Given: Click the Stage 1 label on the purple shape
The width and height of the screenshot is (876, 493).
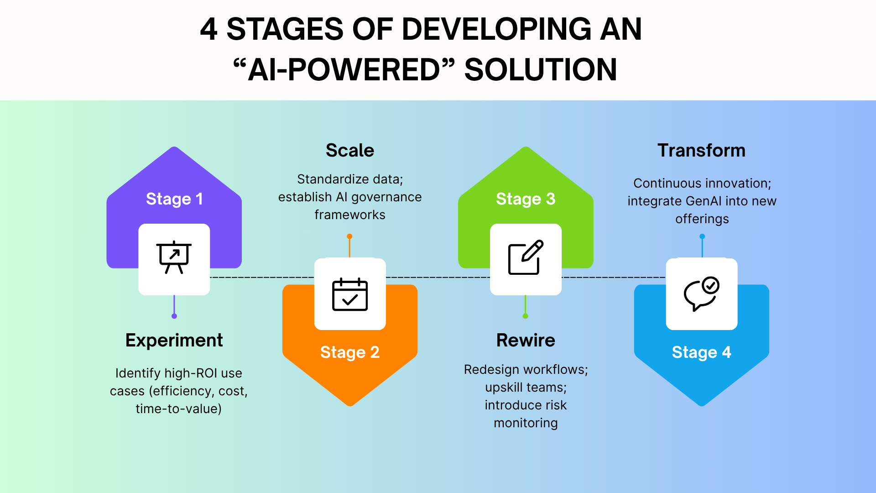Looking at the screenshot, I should tap(174, 199).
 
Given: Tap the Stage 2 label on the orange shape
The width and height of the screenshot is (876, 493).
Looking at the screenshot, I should tap(349, 352).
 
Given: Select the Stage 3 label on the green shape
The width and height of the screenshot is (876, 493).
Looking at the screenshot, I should tap(526, 199).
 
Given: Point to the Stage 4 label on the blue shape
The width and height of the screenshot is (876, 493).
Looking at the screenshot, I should tap(701, 352).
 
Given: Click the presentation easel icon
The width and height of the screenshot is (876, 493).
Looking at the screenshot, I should tap(174, 257).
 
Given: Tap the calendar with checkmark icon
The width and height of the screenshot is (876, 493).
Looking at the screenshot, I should tap(350, 294).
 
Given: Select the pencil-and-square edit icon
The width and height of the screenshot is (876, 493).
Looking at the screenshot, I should tap(526, 257).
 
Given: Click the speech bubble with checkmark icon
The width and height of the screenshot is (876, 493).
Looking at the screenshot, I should tap(701, 294).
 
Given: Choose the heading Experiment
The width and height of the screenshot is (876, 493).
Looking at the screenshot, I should tap(174, 341).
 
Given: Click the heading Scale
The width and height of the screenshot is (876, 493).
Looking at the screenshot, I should tap(350, 151).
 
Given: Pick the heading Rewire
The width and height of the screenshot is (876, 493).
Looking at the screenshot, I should tap(526, 341).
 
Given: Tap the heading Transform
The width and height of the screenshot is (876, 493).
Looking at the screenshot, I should tap(701, 151).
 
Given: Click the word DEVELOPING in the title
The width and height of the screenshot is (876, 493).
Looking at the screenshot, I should tap(496, 29).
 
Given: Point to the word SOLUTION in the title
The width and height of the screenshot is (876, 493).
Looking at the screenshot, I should tap(540, 70).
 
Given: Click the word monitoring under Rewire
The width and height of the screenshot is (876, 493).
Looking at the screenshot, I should tap(526, 423).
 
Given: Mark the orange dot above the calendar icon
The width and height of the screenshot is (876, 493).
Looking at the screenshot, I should tap(349, 236).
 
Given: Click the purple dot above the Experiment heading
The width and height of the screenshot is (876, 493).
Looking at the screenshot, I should tap(174, 316).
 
